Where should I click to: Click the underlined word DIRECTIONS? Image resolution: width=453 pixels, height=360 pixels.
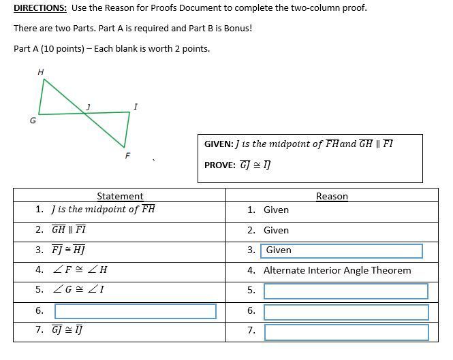40,8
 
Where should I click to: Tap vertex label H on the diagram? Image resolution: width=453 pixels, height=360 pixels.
41,71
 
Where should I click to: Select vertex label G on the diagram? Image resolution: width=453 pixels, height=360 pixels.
32,120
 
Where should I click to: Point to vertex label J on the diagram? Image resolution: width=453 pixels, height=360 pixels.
88,106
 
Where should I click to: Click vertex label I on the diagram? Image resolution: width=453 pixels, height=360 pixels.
136,106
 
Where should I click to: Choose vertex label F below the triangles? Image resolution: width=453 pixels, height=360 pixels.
127,156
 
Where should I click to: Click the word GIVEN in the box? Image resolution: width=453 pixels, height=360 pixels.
218,144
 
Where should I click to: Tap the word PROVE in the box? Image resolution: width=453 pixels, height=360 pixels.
219,165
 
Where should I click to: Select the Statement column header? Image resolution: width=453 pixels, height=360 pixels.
120,196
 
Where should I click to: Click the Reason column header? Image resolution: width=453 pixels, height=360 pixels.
332,196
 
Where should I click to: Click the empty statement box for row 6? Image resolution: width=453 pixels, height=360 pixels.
135,311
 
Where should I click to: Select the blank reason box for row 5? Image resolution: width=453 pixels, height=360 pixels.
345,291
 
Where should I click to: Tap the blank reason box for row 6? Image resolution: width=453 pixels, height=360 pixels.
345,312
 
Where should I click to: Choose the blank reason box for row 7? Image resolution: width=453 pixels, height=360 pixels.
345,331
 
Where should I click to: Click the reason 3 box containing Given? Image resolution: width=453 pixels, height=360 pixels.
341,250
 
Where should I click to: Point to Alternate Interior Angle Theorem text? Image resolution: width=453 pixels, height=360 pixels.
337,270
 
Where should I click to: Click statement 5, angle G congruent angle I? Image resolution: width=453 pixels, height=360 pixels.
79,289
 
